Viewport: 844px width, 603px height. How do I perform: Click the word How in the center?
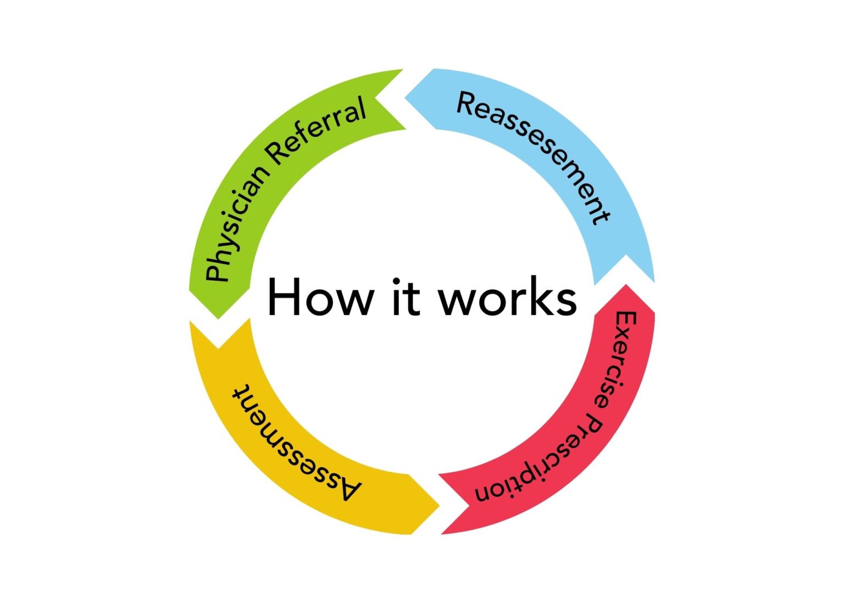(319, 297)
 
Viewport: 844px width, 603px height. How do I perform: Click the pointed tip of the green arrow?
(219, 317)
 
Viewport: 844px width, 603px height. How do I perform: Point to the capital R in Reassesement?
(467, 104)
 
